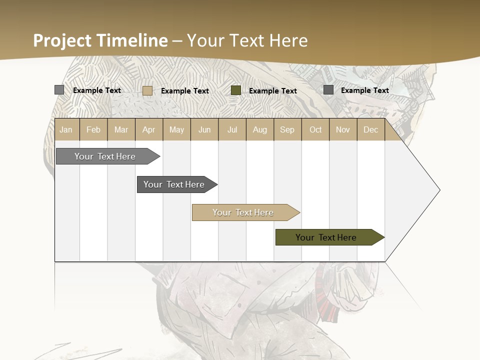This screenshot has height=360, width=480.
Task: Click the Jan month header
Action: click(66, 129)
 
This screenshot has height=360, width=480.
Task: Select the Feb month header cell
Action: click(93, 129)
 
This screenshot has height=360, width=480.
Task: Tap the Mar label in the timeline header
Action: click(121, 129)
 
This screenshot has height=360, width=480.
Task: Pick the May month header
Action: click(176, 129)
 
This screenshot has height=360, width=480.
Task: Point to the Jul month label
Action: click(232, 129)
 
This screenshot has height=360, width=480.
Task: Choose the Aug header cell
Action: click(259, 129)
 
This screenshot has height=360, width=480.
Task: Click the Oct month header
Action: click(315, 129)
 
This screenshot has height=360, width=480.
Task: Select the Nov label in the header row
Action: click(343, 129)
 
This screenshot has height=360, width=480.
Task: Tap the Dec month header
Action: click(370, 129)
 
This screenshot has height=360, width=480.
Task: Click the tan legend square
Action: click(147, 90)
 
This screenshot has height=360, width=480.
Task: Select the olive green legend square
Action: click(236, 90)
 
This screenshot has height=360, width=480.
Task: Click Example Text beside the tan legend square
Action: click(185, 91)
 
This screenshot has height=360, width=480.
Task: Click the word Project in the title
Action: click(62, 41)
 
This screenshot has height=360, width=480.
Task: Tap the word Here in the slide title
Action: click(288, 40)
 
